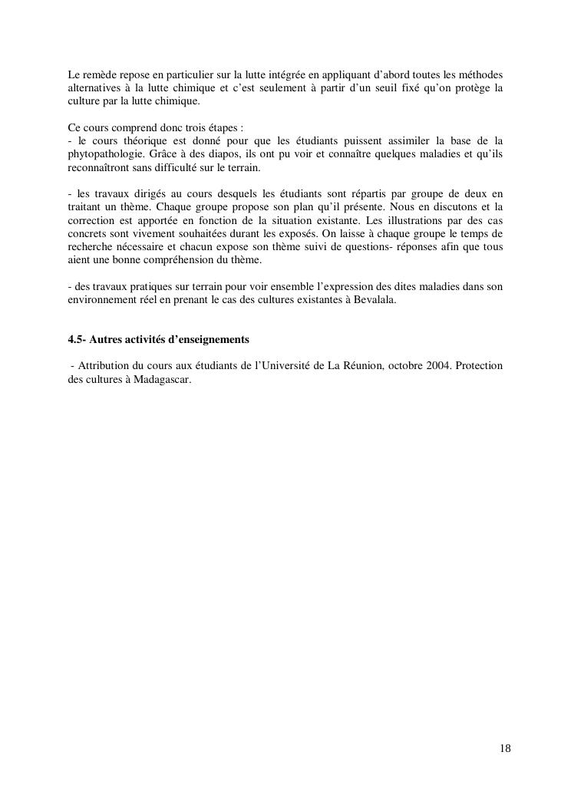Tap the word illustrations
(407, 219)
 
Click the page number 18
(505, 748)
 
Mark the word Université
(278, 365)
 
